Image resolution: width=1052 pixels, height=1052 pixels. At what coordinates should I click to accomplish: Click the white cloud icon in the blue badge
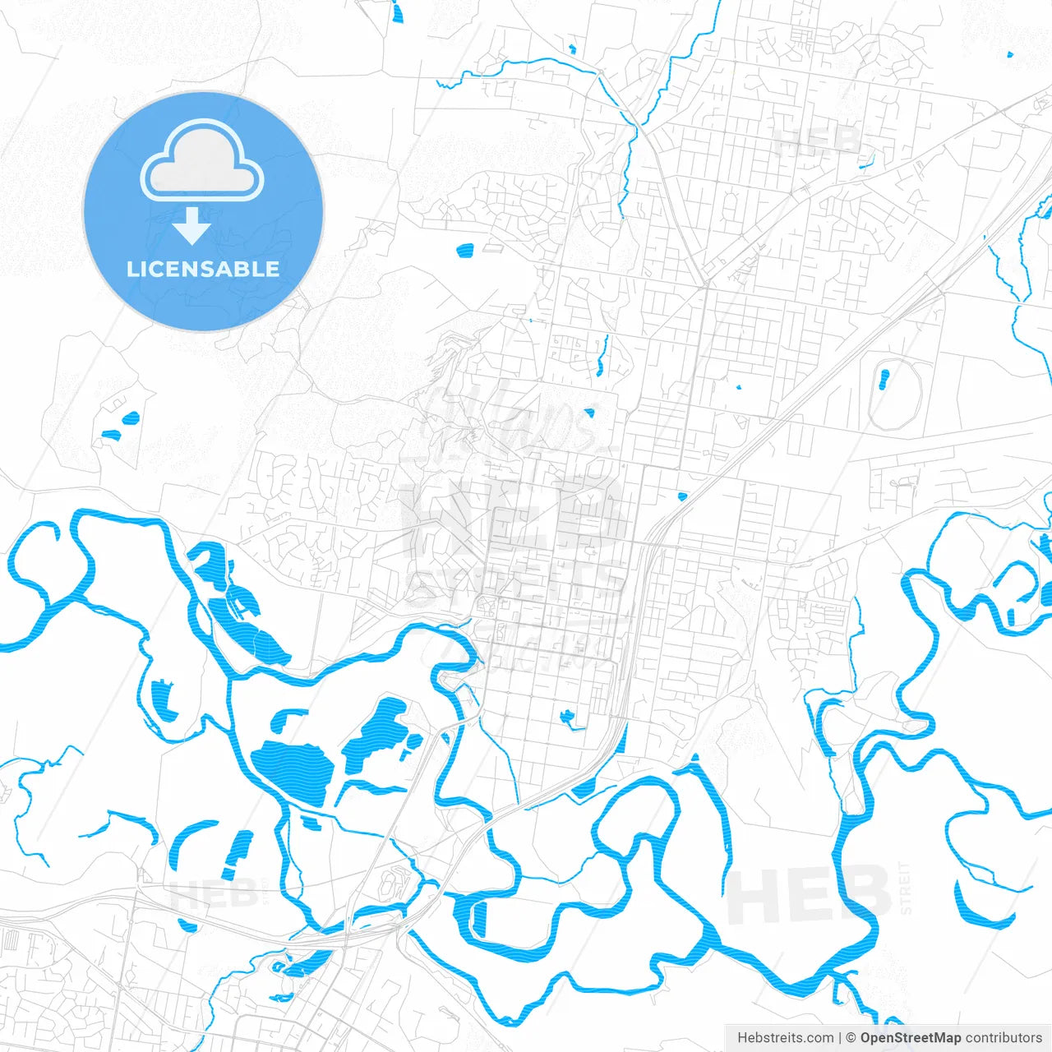202,162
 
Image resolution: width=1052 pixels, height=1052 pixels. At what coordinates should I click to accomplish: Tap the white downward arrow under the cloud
192,227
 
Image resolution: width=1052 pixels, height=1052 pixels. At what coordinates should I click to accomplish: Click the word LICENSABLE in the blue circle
202,269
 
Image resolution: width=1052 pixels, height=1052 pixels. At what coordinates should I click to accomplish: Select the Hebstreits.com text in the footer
785,1038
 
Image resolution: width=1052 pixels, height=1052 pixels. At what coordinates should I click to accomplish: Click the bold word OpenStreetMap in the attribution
911,1038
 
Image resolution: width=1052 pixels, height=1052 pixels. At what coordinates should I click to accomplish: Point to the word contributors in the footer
1004,1038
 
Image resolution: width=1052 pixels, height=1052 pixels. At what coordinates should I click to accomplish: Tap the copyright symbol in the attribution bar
851,1038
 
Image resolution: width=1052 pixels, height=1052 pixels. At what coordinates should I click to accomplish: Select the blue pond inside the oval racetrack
884,379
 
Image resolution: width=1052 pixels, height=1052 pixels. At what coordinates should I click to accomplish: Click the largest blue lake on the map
292,770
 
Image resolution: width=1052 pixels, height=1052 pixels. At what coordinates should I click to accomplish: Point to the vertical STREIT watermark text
906,888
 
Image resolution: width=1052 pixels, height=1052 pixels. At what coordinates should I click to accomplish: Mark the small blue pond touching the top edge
398,12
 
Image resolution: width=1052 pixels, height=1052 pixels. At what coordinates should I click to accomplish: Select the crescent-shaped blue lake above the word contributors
978,904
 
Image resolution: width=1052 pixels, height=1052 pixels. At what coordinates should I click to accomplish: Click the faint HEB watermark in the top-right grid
818,141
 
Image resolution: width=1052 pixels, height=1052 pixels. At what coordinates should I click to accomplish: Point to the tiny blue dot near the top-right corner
1010,55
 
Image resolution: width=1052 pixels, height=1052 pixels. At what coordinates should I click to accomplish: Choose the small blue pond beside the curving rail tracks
681,496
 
